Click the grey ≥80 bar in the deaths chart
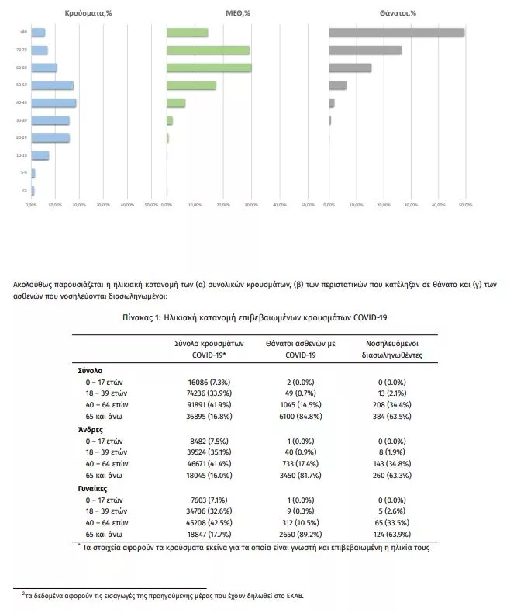coord(396,33)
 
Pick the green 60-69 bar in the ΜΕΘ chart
coord(209,68)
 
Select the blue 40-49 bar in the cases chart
coord(53,102)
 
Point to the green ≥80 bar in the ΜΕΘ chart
coord(188,33)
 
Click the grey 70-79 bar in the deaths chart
coord(365,50)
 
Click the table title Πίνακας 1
coord(254,317)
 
